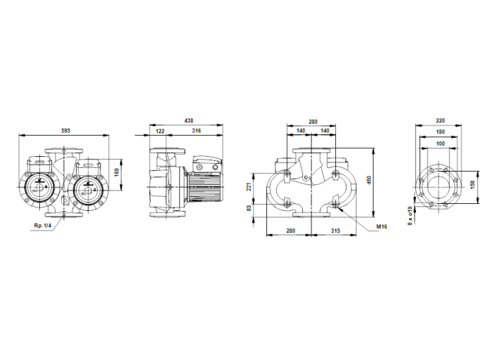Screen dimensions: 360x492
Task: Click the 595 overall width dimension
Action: [x=65, y=131]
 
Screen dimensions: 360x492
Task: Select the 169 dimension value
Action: [x=117, y=172]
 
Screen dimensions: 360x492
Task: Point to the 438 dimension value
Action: [x=189, y=121]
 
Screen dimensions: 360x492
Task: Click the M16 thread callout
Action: [x=382, y=227]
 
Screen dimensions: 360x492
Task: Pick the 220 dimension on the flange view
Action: [x=441, y=121]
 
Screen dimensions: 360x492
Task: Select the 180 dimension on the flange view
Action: [x=441, y=131]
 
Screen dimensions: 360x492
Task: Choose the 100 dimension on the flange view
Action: [x=441, y=143]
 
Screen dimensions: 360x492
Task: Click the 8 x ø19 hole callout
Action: [x=410, y=214]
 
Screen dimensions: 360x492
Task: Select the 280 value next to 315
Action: [x=290, y=231]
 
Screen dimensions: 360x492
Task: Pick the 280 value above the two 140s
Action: [x=313, y=121]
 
